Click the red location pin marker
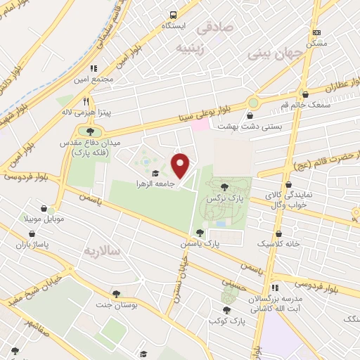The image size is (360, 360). [181, 166]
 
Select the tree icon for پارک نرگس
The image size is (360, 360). [224, 187]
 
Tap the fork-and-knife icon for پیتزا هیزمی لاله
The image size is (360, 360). [86, 101]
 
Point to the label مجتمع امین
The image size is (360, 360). [96, 79]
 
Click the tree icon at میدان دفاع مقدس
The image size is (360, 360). [89, 131]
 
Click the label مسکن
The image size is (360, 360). [313, 43]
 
